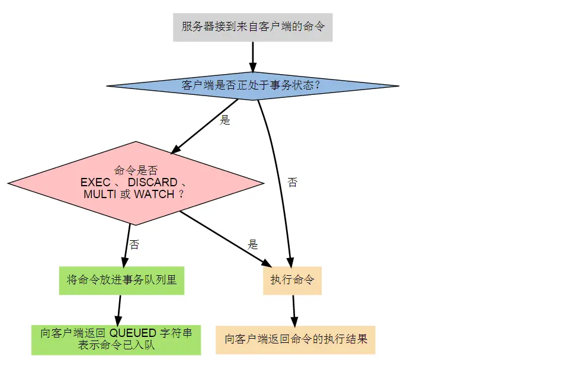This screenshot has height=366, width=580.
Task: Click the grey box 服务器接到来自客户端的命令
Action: tap(253, 27)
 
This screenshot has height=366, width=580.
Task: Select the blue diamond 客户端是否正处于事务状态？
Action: tap(252, 85)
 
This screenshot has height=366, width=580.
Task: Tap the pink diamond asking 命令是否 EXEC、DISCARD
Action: tap(136, 183)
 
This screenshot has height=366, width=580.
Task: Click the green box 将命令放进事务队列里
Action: tap(122, 280)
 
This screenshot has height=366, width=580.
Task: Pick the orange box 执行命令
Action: tap(292, 280)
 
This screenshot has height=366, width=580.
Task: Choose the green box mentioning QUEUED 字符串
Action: tap(116, 339)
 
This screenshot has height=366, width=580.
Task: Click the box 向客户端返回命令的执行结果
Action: tap(296, 339)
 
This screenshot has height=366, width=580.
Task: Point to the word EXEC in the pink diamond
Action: tap(95, 182)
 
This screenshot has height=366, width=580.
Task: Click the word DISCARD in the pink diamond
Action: tap(152, 182)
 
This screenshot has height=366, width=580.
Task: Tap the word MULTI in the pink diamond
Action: tap(100, 194)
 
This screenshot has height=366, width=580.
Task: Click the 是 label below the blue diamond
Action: tap(225, 120)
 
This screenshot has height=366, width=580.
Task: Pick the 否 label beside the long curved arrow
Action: tap(292, 182)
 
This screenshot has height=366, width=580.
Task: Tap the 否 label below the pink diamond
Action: tap(134, 244)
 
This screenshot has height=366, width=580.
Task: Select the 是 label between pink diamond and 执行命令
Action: tap(253, 244)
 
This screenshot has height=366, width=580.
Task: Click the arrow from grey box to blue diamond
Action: tap(252, 56)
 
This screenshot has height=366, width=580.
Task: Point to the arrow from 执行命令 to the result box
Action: tap(294, 310)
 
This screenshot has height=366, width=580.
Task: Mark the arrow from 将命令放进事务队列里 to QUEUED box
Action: tap(119, 310)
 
